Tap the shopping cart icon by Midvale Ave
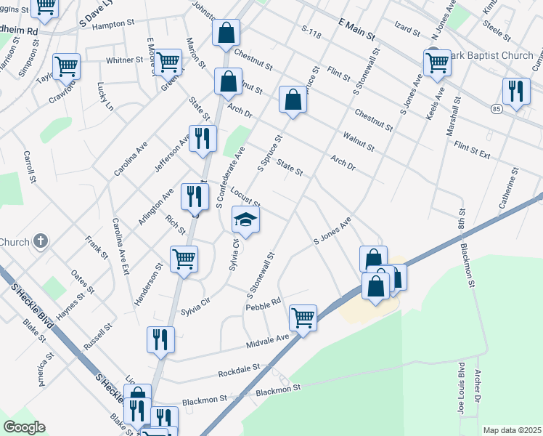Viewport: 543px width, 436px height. pos(303,318)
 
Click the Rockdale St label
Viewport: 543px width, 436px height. pos(239,372)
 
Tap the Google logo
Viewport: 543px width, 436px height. pos(23,427)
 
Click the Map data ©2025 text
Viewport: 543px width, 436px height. pos(512,430)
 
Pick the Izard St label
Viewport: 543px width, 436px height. pos(407,32)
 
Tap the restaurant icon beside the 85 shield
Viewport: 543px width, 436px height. pos(516,92)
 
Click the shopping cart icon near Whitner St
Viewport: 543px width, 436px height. pos(168,62)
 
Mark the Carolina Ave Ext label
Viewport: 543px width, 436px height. pos(120,243)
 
